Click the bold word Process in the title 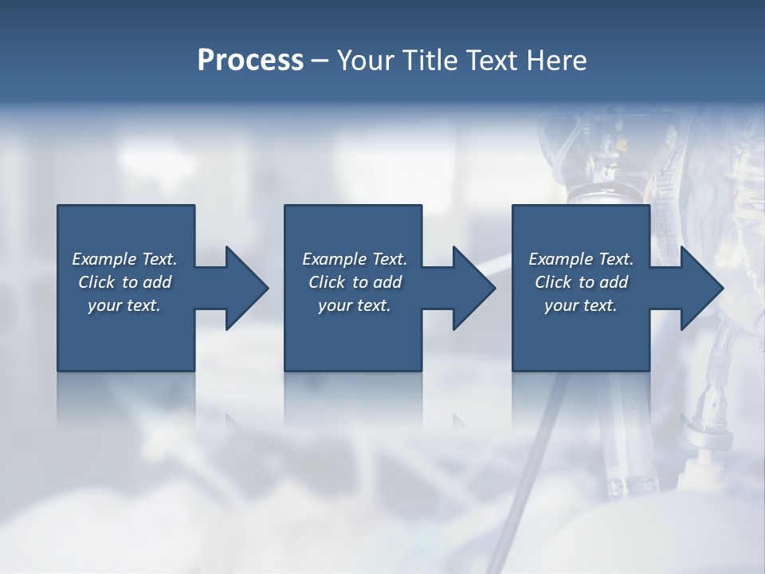pyautogui.click(x=250, y=60)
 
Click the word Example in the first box pyautogui.click(x=104, y=259)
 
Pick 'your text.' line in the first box pyautogui.click(x=124, y=305)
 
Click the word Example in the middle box pyautogui.click(x=334, y=259)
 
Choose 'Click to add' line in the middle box pyautogui.click(x=355, y=282)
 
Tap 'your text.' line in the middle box pyautogui.click(x=355, y=305)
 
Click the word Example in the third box pyautogui.click(x=560, y=259)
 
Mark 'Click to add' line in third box pyautogui.click(x=581, y=282)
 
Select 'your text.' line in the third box pyautogui.click(x=581, y=305)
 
